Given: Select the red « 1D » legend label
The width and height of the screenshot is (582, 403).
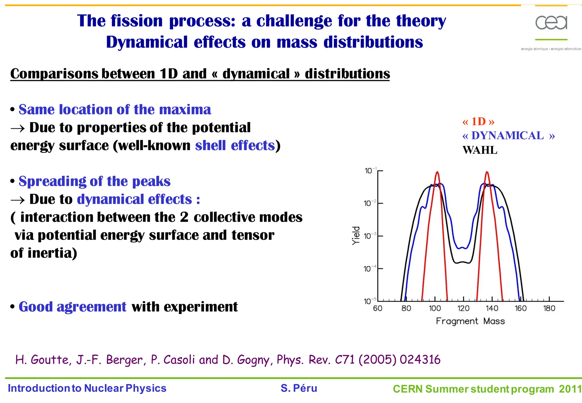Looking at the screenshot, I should point(478,122).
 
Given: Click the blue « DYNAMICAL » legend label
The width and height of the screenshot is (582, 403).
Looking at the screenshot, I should point(508,136).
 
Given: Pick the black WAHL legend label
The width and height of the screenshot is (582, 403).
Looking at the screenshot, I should point(480,150).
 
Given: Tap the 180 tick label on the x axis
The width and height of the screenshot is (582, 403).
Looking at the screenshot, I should point(549,308).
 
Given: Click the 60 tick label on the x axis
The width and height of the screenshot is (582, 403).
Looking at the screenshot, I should point(377,308).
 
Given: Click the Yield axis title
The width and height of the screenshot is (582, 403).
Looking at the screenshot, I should point(356,236).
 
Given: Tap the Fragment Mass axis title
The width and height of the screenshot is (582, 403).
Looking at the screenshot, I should point(470,321).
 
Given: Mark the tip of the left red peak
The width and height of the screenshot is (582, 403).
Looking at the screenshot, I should point(437,172).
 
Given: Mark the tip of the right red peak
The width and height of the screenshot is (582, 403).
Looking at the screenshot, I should point(487,172).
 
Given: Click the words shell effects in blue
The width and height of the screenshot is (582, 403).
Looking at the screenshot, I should point(235,146).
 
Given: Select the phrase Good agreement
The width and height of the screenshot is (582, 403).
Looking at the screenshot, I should point(72,307).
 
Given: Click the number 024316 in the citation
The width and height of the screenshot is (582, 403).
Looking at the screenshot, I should point(420,360).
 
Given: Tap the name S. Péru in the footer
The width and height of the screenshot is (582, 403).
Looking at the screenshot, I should point(299,388).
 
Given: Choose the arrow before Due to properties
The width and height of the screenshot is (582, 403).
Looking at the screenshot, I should point(18,128).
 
